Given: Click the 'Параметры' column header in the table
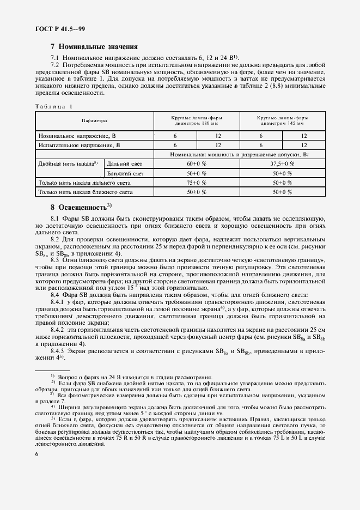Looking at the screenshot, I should (x=94, y=120).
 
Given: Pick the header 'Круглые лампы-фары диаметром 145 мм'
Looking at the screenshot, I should (x=282, y=120).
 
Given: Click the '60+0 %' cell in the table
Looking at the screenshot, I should (x=196, y=163).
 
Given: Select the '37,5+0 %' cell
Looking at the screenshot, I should (x=282, y=163).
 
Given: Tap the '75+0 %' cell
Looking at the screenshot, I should (x=196, y=183).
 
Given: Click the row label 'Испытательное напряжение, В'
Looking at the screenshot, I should (x=79, y=145).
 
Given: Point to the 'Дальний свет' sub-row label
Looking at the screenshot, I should (x=125, y=163).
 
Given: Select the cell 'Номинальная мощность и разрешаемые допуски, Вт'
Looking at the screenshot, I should (x=240, y=155).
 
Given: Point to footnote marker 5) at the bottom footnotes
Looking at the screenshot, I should (x=53, y=417).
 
